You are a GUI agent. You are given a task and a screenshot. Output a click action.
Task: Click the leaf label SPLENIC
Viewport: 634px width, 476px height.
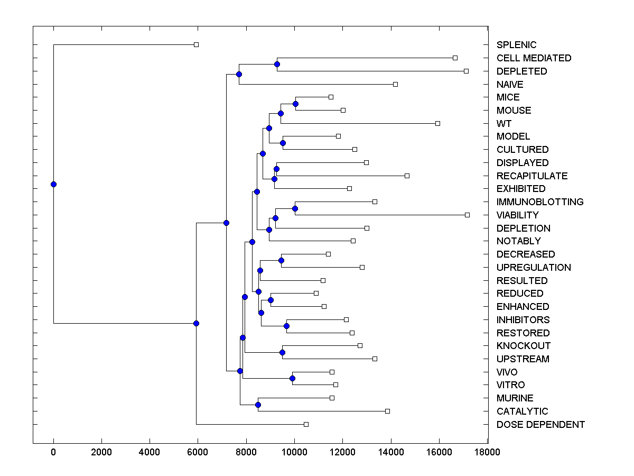(x=516, y=45)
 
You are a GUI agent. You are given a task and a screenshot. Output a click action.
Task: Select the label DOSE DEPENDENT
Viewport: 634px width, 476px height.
(x=540, y=425)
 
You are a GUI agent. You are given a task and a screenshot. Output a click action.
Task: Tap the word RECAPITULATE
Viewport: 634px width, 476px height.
(x=532, y=176)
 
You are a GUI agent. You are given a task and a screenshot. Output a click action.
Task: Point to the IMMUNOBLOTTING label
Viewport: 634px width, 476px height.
(x=540, y=202)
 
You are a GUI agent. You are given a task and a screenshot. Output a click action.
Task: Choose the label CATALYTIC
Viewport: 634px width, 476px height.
(x=522, y=411)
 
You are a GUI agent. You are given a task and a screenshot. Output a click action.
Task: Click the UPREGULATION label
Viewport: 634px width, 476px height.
(x=534, y=268)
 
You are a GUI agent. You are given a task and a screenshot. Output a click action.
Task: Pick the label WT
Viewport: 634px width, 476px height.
(x=504, y=124)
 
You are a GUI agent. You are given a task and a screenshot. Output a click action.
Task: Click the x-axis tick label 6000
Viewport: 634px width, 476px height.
(x=198, y=452)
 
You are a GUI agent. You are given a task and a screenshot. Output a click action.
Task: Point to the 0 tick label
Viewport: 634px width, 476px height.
(x=53, y=452)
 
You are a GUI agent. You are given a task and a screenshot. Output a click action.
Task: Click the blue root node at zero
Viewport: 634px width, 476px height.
(x=53, y=184)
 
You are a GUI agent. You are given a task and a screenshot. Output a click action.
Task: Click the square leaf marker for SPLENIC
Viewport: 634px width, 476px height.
(x=196, y=44)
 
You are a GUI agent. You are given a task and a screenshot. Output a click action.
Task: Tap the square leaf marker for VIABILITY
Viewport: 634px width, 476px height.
(x=467, y=215)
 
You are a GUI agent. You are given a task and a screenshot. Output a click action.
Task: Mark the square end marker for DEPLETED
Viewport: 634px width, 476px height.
(x=466, y=71)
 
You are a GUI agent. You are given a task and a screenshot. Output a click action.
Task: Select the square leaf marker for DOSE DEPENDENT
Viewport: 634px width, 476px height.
(x=306, y=424)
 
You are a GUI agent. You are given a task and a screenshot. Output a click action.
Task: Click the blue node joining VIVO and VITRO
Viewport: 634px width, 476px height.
(x=292, y=378)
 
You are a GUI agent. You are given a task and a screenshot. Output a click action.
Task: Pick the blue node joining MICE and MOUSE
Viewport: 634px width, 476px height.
(x=295, y=104)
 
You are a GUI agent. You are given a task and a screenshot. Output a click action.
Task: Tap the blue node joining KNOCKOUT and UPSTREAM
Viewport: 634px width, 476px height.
(x=282, y=352)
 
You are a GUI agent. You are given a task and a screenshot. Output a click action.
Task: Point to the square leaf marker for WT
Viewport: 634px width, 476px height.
(x=437, y=123)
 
